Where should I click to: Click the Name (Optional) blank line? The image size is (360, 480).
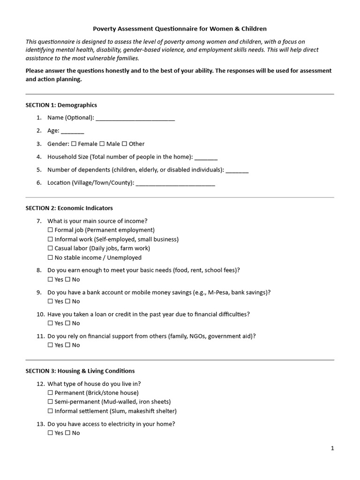coord(135,118)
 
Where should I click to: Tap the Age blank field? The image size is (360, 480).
coord(73,131)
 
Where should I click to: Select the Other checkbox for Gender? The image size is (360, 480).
coord(125,144)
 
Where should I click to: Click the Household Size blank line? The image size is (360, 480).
coord(206,157)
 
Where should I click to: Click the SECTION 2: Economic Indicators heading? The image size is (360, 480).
coord(69,208)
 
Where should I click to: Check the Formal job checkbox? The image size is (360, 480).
coord(50,230)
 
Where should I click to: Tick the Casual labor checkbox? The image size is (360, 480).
coord(50,248)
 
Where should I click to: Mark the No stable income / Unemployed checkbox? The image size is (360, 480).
coord(50,258)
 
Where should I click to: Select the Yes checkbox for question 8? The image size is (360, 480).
coord(50,280)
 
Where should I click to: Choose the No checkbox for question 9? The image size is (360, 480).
coord(67,301)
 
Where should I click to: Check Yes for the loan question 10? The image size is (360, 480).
coord(50,323)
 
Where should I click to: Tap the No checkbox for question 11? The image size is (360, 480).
coord(67,345)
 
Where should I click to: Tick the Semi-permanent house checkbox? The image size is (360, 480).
coord(50,402)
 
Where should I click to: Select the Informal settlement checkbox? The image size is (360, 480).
coord(50,412)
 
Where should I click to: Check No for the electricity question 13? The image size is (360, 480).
coord(67,434)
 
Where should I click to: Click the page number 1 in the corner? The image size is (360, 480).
coord(332,449)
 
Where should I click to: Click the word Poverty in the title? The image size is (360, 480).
coord(104,29)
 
